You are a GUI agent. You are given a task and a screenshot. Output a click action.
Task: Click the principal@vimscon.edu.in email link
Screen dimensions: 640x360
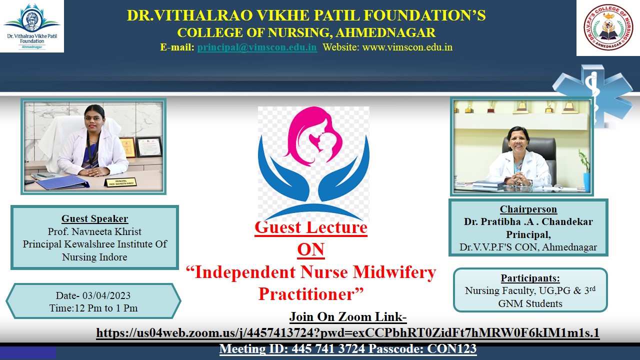(x=257, y=47)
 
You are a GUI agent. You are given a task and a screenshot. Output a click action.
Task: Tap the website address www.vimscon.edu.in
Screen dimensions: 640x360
(x=407, y=47)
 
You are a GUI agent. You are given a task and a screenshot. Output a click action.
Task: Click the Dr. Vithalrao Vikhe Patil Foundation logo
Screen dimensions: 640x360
(x=32, y=26)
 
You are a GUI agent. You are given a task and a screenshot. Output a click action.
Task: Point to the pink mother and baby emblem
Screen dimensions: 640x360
(x=313, y=136)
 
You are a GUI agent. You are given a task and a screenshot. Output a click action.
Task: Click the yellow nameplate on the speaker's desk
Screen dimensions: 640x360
(x=120, y=182)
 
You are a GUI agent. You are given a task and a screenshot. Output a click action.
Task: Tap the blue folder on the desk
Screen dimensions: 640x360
(x=63, y=182)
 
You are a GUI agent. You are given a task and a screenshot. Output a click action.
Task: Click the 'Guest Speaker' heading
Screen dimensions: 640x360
(x=94, y=218)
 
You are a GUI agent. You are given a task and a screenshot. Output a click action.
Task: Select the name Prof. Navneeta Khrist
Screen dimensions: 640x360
(x=94, y=231)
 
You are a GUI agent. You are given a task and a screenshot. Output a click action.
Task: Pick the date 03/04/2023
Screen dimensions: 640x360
(x=106, y=295)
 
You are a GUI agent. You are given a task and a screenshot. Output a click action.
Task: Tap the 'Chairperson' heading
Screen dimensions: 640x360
(x=528, y=209)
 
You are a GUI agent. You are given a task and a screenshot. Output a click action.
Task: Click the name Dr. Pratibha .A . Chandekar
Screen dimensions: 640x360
(x=528, y=221)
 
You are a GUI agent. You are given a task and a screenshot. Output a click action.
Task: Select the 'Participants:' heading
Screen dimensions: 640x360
(x=530, y=278)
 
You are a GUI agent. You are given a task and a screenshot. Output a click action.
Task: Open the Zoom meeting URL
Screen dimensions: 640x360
(x=347, y=333)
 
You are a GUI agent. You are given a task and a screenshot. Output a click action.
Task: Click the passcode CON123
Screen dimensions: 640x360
(x=451, y=349)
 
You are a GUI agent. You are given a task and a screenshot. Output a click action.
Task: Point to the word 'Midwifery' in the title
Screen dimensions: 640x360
(x=394, y=272)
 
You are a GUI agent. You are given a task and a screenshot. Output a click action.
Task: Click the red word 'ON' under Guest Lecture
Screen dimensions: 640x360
(x=311, y=249)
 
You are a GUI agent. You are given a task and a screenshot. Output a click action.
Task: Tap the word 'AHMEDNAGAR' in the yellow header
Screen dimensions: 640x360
(x=385, y=32)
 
